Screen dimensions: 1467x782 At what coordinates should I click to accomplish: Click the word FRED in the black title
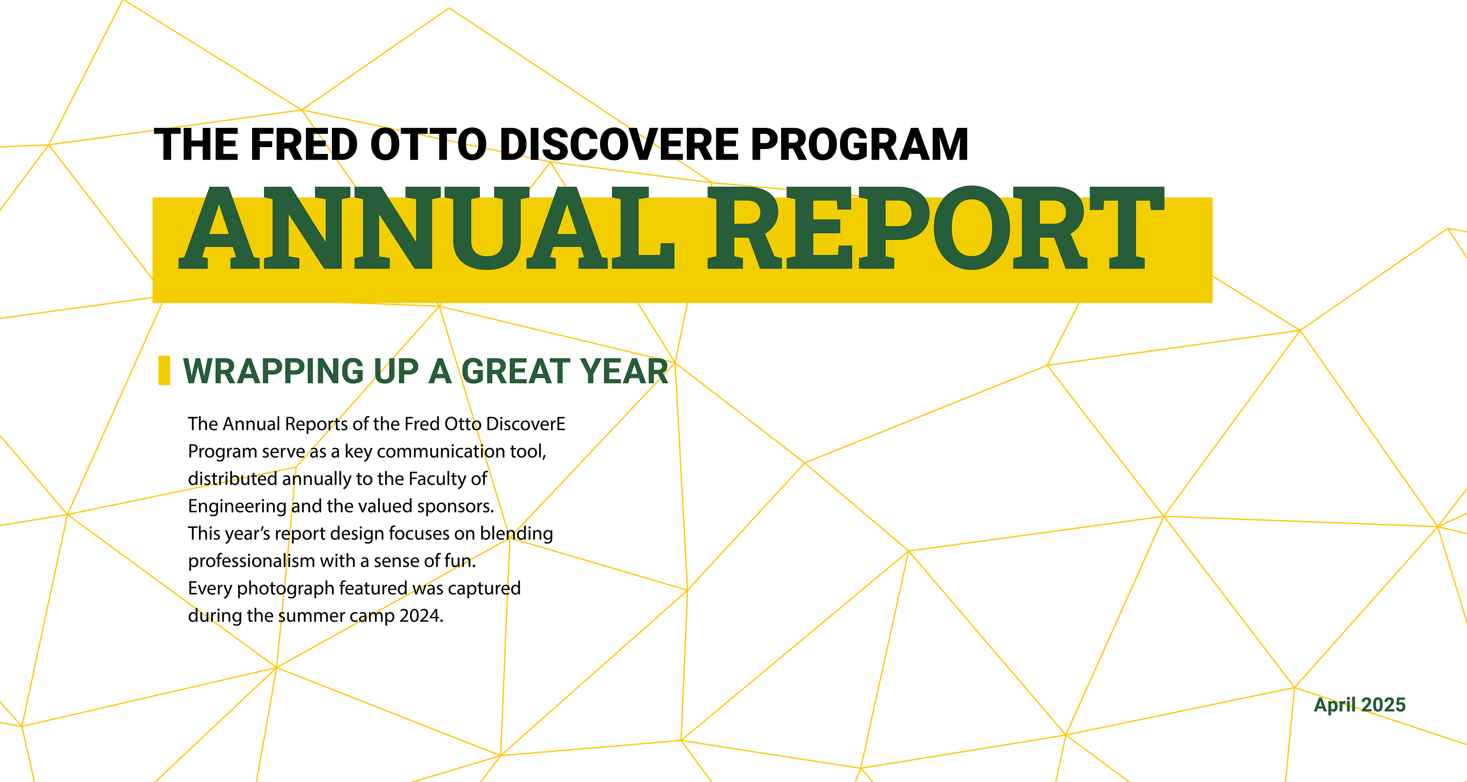point(304,145)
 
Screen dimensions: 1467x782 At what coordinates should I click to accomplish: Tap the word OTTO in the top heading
point(428,145)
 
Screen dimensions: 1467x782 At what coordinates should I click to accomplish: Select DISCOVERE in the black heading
point(619,145)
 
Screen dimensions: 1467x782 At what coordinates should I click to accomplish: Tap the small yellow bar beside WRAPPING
point(164,370)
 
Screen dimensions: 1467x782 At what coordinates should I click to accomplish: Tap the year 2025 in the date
point(1383,704)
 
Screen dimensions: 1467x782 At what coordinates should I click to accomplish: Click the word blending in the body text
point(517,534)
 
